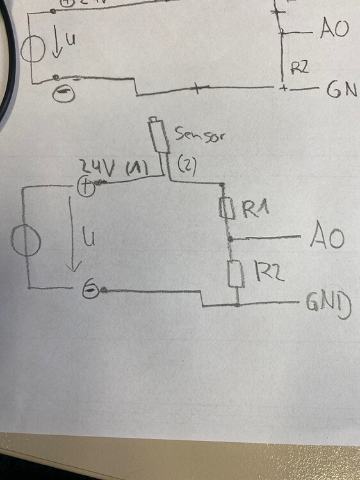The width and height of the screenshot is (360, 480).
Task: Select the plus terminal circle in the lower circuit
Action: pos(86,187)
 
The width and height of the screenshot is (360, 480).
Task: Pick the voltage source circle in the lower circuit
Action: pos(26,242)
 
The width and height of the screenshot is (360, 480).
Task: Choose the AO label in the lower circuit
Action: pos(327,238)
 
